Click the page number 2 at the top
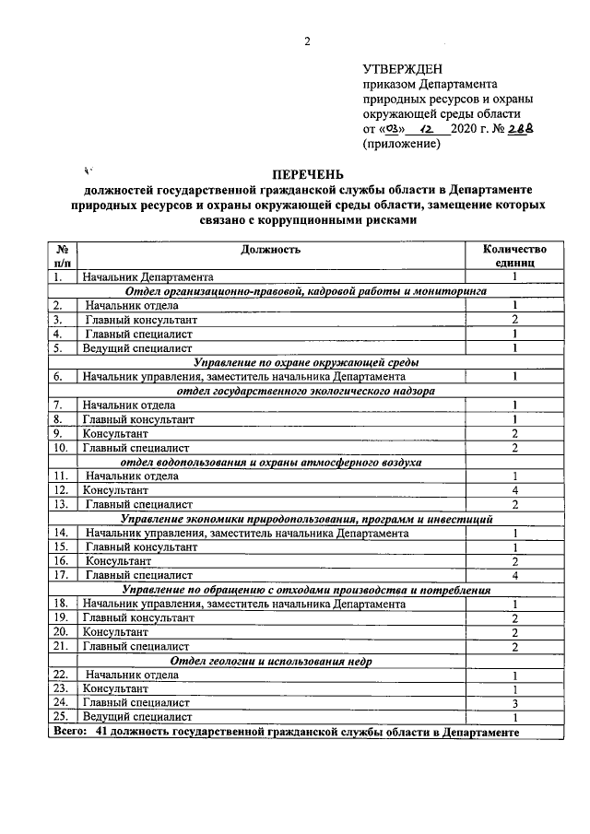point(308,41)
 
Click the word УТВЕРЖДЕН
point(403,69)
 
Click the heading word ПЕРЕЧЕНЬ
point(308,174)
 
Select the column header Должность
point(270,249)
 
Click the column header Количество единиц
point(514,255)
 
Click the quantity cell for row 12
point(514,490)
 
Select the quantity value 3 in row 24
point(514,701)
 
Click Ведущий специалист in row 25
point(137,716)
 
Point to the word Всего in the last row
point(70,732)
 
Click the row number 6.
point(58,376)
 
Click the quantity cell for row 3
point(514,319)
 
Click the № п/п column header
point(63,255)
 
